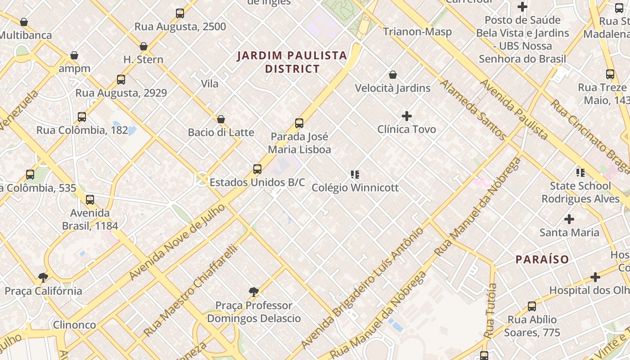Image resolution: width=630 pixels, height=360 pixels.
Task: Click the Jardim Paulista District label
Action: click(292, 62)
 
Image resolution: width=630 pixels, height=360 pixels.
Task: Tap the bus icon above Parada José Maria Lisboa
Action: click(299, 123)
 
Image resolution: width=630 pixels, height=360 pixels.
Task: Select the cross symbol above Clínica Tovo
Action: click(407, 116)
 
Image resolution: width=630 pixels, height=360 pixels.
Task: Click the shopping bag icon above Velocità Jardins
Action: click(393, 75)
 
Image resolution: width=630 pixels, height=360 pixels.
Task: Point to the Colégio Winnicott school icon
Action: click(355, 174)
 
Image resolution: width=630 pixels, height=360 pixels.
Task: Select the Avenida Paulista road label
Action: click(513, 109)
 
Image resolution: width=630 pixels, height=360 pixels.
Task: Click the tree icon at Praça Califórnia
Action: click(43, 277)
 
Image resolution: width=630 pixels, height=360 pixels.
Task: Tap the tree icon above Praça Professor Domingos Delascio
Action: click(254, 292)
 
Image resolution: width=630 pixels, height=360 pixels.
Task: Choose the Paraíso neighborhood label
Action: click(542, 260)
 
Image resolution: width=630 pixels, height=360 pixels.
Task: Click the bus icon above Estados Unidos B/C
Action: click(257, 169)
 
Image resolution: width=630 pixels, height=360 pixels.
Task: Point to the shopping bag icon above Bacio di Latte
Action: click(221, 119)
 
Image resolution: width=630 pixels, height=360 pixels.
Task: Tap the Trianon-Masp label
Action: click(417, 32)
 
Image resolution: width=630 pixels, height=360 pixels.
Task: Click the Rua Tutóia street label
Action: click(490, 310)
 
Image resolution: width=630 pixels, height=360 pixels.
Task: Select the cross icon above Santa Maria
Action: click(569, 219)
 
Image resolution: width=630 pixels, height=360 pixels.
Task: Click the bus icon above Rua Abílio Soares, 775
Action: click(532, 306)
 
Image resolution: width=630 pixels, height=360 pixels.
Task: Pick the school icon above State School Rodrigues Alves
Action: click(580, 172)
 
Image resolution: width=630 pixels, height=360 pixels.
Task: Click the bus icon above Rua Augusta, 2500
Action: click(180, 13)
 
